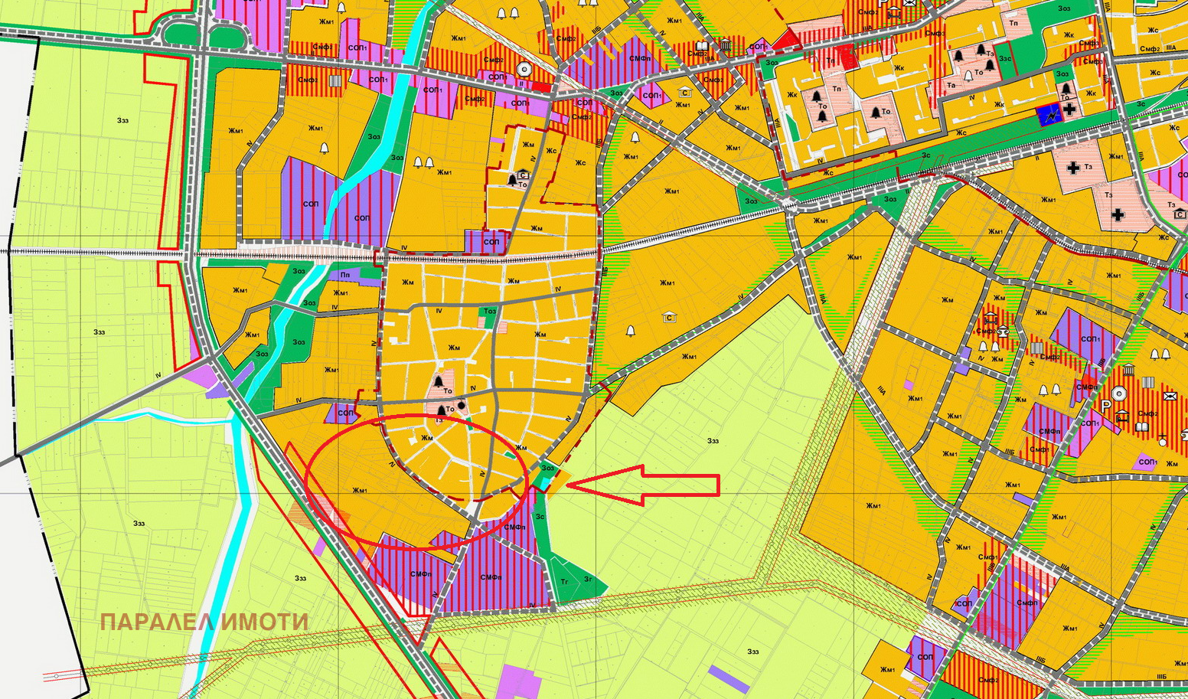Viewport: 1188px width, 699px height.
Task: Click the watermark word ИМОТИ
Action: (265, 622)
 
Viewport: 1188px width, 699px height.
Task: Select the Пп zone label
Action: (344, 274)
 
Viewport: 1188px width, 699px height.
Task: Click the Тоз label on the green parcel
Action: (489, 311)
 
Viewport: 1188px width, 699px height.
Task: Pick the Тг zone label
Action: (565, 582)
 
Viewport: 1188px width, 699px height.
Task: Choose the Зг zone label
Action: (588, 580)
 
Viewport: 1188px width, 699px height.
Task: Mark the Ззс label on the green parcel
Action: (1005, 57)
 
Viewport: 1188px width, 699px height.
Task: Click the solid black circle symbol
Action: (462, 405)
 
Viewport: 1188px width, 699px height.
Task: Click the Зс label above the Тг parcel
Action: (540, 516)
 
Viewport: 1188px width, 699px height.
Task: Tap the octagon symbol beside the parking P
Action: (1119, 394)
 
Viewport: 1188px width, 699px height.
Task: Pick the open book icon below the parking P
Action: (1122, 416)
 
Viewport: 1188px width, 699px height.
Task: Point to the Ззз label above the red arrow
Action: (713, 440)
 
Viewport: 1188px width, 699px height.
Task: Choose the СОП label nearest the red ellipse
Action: (346, 413)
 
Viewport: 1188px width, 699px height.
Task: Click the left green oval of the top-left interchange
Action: (181, 34)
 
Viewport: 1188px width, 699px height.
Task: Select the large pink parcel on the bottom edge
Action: (521, 682)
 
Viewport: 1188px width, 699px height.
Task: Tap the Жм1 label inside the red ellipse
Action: (360, 490)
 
